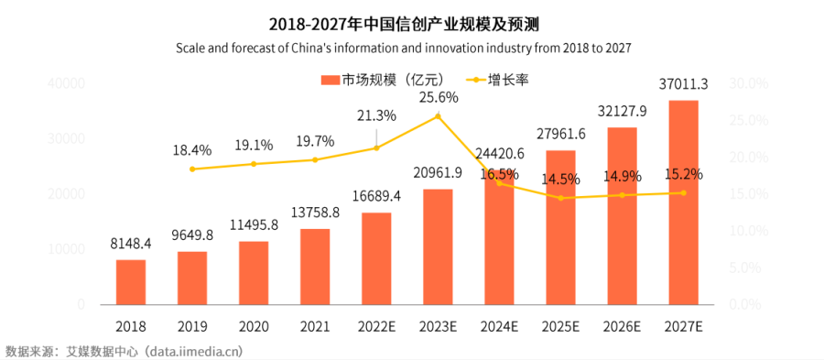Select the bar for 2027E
tap(683, 202)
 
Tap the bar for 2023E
tap(438, 246)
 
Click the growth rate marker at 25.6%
tap(438, 115)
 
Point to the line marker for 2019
tap(192, 169)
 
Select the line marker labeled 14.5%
tap(560, 198)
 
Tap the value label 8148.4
tap(130, 245)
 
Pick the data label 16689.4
tap(376, 198)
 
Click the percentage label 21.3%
tap(376, 115)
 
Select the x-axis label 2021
tap(315, 325)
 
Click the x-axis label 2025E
tap(560, 325)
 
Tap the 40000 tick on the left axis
tap(67, 84)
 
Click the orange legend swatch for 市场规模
tap(330, 80)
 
